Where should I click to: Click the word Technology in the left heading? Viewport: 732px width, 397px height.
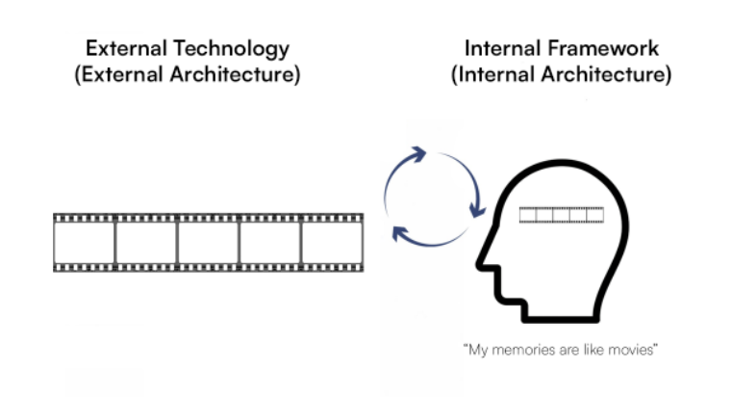pyautogui.click(x=231, y=49)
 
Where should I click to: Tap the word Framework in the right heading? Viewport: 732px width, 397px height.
pyautogui.click(x=603, y=48)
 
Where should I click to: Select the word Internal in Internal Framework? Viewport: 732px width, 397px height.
pyautogui.click(x=502, y=48)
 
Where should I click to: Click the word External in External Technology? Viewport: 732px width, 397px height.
pyautogui.click(x=126, y=48)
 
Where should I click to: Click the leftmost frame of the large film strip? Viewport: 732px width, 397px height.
pyautogui.click(x=84, y=243)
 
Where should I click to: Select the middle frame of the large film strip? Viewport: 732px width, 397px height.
pyautogui.click(x=208, y=243)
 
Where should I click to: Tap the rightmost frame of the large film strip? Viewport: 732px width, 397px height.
pyautogui.click(x=332, y=243)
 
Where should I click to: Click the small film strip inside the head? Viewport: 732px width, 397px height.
pyautogui.click(x=562, y=215)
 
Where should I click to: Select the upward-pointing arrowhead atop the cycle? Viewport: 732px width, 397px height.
pyautogui.click(x=417, y=154)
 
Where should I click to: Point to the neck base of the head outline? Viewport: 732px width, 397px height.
pyautogui.click(x=560, y=319)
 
